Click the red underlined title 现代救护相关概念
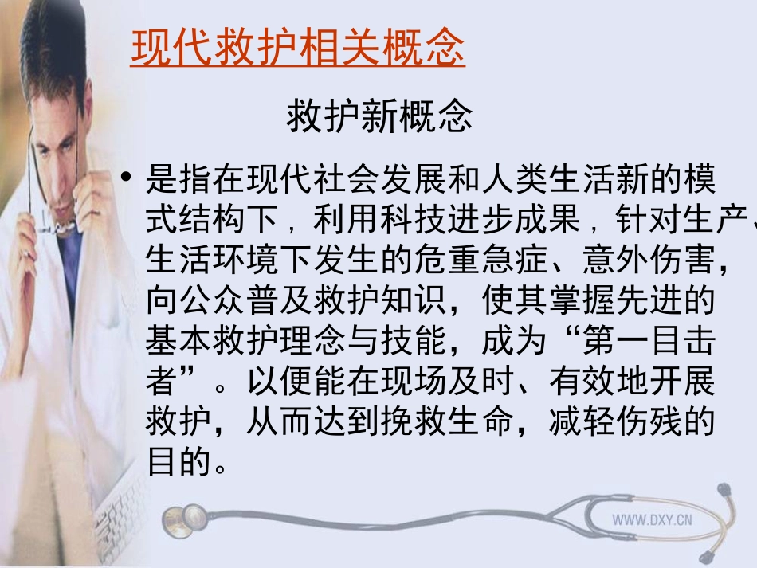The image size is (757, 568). click(x=297, y=49)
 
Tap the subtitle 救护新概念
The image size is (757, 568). click(x=379, y=117)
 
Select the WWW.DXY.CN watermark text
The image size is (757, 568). click(x=652, y=519)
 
